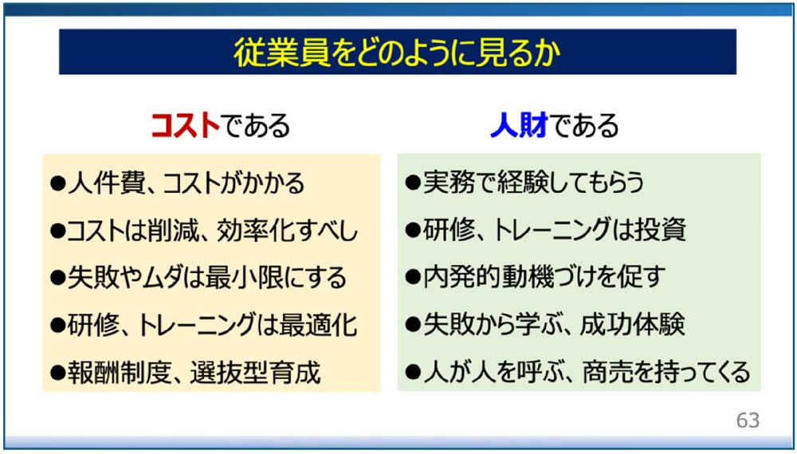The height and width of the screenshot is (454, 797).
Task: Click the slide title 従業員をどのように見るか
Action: click(x=397, y=53)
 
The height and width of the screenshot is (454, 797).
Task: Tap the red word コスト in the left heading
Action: click(x=186, y=125)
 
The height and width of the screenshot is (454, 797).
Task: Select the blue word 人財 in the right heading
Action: click(x=519, y=125)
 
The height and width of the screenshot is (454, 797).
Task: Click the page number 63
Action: click(x=748, y=420)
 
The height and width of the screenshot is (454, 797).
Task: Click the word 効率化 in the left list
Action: click(x=251, y=231)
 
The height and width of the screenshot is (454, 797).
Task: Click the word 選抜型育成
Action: click(x=256, y=373)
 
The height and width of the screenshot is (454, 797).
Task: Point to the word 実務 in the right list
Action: click(x=446, y=182)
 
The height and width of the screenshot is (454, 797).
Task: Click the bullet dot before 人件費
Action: click(x=58, y=184)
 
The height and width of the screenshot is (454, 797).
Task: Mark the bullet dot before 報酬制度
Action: click(x=58, y=374)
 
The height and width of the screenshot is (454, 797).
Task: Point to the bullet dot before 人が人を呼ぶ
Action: click(x=413, y=373)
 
